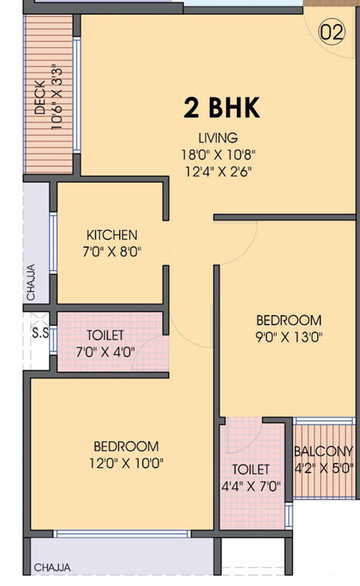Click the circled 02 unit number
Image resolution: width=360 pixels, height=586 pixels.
331,33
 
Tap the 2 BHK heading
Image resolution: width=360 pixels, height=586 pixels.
221,108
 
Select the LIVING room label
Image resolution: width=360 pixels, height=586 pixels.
218,138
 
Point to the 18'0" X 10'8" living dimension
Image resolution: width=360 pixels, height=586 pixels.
218,154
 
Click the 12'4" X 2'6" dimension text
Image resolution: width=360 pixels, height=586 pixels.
218,172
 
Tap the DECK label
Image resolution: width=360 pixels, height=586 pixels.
39,97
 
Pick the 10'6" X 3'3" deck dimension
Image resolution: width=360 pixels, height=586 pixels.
56,98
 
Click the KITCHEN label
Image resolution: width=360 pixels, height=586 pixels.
111,235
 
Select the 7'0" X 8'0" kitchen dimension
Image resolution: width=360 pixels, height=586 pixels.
111,252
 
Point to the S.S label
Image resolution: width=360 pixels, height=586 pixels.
40,333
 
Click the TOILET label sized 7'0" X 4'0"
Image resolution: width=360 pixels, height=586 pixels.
105,335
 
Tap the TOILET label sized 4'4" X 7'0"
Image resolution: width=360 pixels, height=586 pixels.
251,470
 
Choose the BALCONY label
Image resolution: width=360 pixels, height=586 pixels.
324,451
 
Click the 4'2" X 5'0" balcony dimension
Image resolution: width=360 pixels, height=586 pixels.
324,468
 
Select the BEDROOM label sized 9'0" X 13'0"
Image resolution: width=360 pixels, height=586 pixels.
289,320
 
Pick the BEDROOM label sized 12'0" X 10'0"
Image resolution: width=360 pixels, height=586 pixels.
126,447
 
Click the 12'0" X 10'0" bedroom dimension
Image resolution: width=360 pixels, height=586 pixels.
126,464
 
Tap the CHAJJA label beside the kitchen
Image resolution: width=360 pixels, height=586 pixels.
31,282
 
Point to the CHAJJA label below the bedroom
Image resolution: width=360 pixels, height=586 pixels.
52,567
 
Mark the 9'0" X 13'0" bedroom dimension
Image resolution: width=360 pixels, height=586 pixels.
289,338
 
